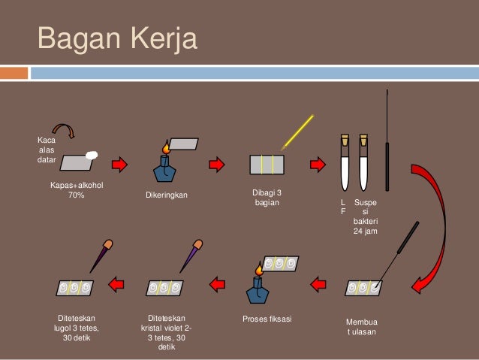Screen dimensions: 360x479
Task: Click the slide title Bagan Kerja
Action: coord(117,39)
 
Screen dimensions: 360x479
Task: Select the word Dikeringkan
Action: coord(167,196)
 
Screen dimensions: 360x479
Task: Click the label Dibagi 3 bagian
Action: coord(267,198)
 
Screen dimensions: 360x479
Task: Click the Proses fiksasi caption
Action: coord(267,319)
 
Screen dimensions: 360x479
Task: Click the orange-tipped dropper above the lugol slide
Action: coord(100,256)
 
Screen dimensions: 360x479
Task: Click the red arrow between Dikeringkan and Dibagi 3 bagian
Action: coord(216,164)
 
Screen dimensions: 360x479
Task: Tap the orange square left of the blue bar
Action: coord(14,73)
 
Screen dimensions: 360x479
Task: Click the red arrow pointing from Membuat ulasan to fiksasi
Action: coord(318,283)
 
